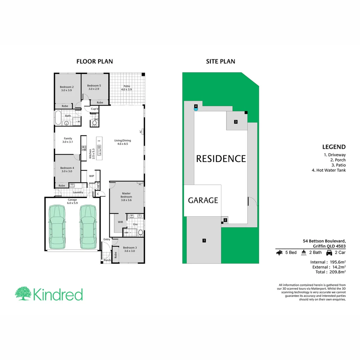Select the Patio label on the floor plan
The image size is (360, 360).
(x=126, y=88)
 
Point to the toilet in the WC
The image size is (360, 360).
(x=94, y=123)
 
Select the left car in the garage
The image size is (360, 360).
(x=57, y=227)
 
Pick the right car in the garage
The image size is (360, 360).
(x=88, y=227)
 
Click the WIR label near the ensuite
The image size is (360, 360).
(x=120, y=222)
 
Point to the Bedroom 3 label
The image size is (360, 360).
(x=130, y=249)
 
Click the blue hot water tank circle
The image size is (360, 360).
(x=196, y=109)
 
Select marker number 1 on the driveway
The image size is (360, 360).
(x=204, y=240)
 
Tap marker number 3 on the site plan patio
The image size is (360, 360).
(x=235, y=122)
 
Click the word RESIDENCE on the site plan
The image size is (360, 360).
(x=221, y=159)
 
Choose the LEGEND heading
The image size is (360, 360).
(x=334, y=147)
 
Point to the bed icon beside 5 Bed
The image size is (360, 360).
(x=279, y=253)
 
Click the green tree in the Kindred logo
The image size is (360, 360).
(x=23, y=293)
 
